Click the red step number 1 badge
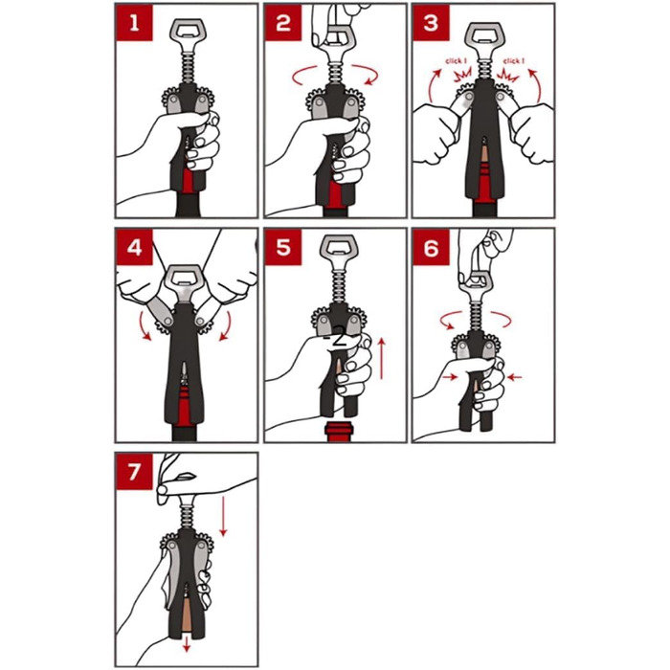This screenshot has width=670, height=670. coord(134,23)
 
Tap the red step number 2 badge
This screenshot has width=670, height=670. coord(283,23)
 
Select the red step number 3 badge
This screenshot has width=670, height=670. coord(431,23)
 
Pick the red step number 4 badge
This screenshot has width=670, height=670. coord(134,247)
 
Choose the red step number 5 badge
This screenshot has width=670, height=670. coord(283,247)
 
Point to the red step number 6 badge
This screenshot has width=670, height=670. coord(431,247)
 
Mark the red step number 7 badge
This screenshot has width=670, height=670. coord(134,471)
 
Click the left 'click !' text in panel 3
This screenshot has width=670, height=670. coord(457,61)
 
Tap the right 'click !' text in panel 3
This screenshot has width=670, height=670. coord(514,61)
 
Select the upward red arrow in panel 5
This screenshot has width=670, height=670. coord(382,358)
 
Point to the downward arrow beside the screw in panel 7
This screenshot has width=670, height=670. coord(223,516)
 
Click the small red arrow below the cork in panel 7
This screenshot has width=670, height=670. coord(187,645)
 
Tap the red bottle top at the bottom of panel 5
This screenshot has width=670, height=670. coord(339,431)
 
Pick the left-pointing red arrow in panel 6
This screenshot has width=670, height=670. coord(513,377)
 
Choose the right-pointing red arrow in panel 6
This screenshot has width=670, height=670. coord(451,377)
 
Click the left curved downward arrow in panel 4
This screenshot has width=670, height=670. coord(145,327)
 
